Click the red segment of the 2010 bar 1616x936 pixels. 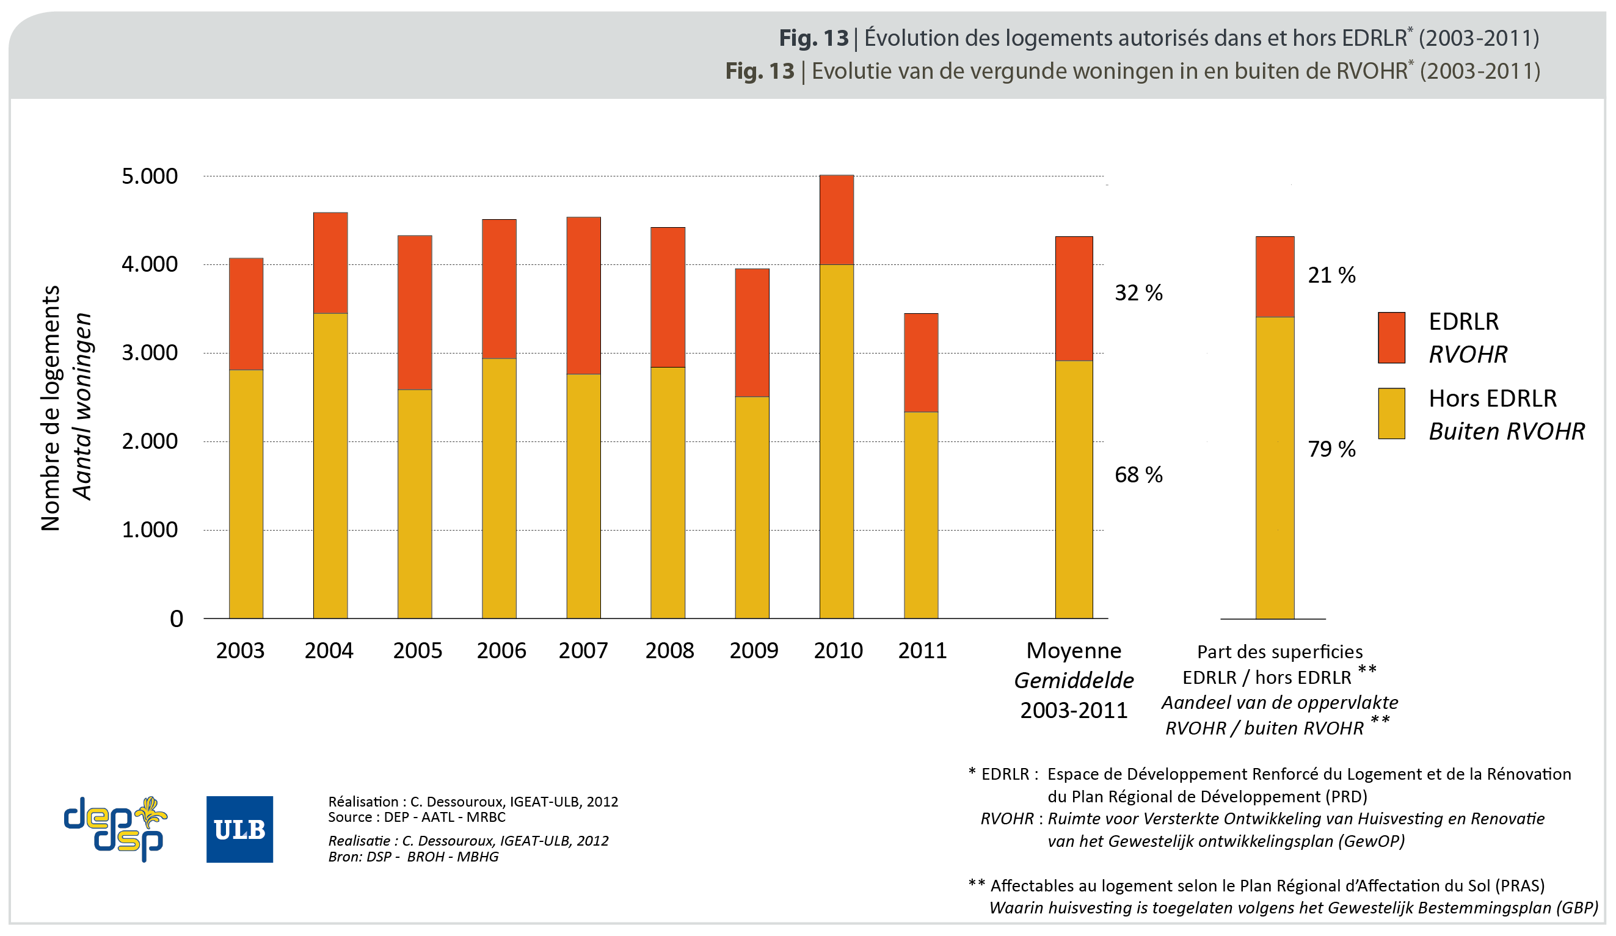(836, 220)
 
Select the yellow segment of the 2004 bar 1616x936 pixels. (330, 465)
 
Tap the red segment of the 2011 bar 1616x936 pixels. (921, 363)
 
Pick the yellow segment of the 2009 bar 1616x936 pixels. (752, 507)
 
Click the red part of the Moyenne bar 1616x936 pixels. (1074, 299)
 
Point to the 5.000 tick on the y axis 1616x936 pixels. (150, 176)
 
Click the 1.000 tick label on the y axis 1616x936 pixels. (150, 530)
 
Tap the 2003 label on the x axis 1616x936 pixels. (240, 651)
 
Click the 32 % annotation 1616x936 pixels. (1138, 293)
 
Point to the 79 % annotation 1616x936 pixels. (1331, 449)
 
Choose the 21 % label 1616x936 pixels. (1331, 275)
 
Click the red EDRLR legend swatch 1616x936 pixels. (1391, 338)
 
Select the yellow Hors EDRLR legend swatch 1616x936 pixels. (1391, 413)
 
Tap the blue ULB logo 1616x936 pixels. (239, 830)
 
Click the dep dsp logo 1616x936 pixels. (115, 830)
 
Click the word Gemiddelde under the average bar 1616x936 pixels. (1074, 680)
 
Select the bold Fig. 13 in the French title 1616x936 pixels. (813, 38)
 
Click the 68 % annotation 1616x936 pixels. (1138, 475)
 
